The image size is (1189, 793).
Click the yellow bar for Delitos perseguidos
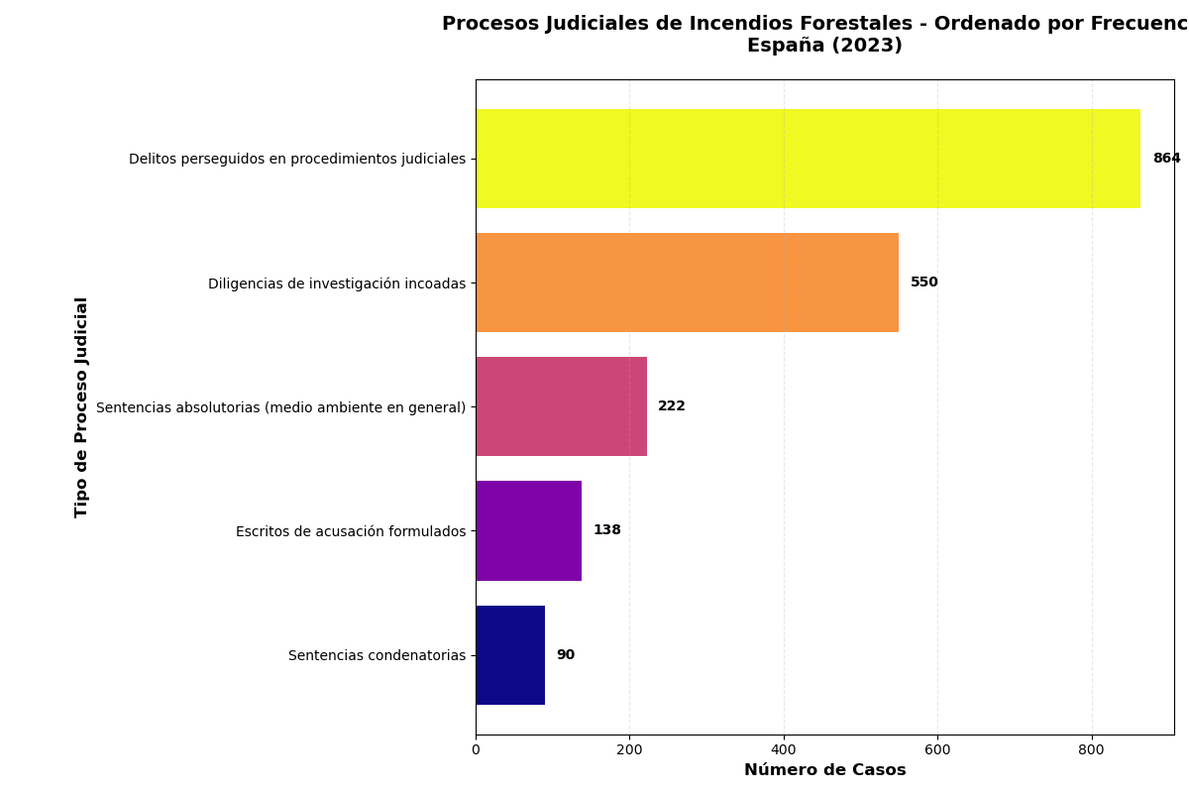pyautogui.click(x=808, y=159)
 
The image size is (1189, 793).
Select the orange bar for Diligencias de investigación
pyautogui.click(x=687, y=283)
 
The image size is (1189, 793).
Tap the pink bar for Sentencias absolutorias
pyautogui.click(x=561, y=406)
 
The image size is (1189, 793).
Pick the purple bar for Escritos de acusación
pyautogui.click(x=528, y=530)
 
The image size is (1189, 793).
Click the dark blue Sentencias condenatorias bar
pyautogui.click(x=510, y=655)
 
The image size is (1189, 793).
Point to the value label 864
pyautogui.click(x=1166, y=159)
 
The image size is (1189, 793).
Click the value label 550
pyautogui.click(x=923, y=283)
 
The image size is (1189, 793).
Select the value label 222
pyautogui.click(x=671, y=406)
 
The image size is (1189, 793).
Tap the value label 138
pyautogui.click(x=606, y=530)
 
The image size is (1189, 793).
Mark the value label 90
pyautogui.click(x=565, y=655)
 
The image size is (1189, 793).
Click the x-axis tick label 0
pyautogui.click(x=476, y=750)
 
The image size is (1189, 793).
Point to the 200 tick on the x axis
pyautogui.click(x=629, y=750)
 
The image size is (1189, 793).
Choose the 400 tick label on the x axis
pyautogui.click(x=784, y=750)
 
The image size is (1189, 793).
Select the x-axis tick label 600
pyautogui.click(x=937, y=750)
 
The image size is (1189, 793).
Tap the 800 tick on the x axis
pyautogui.click(x=1092, y=750)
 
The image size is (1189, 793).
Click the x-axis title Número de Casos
pyautogui.click(x=824, y=770)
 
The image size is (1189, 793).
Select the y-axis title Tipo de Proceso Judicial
pyautogui.click(x=82, y=406)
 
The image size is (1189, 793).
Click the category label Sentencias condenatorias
pyautogui.click(x=377, y=655)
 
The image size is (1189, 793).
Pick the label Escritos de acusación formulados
pyautogui.click(x=350, y=531)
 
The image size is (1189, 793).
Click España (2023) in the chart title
pyautogui.click(x=824, y=46)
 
